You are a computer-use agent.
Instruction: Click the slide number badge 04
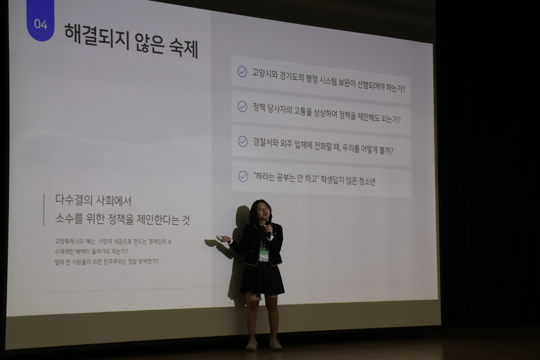40,24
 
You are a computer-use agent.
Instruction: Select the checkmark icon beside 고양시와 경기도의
242,72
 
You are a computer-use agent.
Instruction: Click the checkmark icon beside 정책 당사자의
242,107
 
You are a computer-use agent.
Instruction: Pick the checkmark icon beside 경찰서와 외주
242,141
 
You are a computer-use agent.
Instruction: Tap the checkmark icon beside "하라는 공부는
243,176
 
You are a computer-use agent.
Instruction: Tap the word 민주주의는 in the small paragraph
115,261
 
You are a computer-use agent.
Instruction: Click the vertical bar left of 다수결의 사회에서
44,210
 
